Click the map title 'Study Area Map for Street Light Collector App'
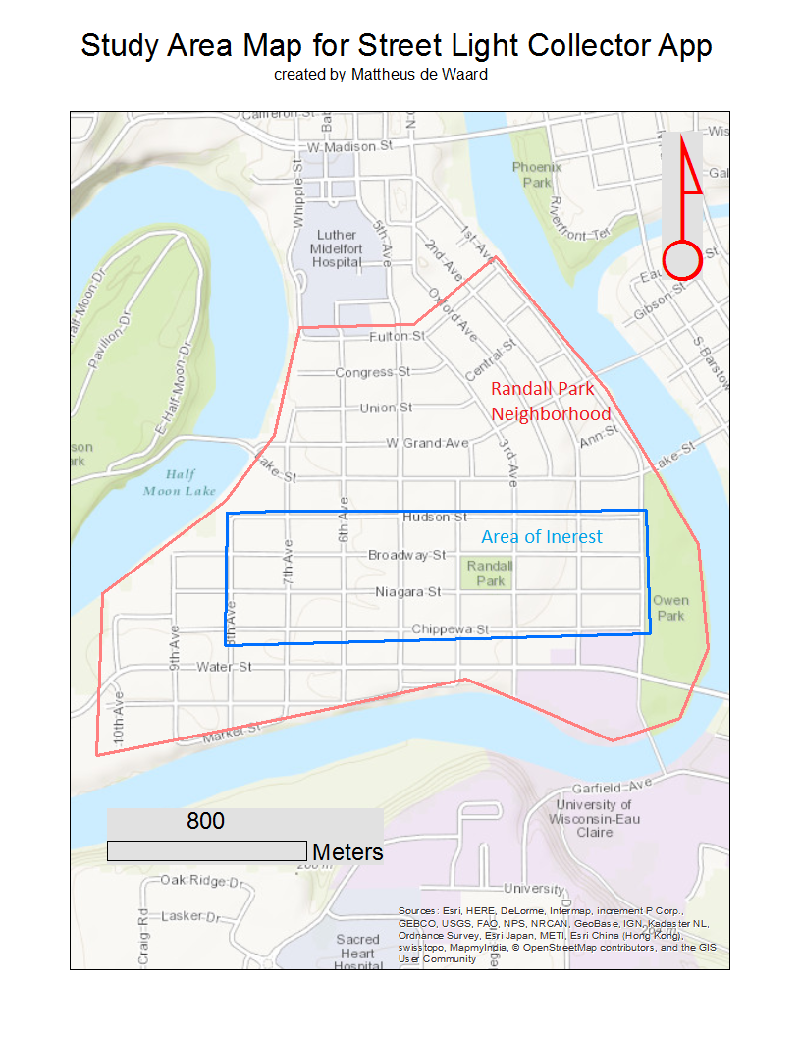point(396,45)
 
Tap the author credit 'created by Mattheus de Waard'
point(380,74)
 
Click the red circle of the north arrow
point(681,261)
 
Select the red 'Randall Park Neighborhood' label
point(551,401)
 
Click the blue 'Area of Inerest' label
point(541,537)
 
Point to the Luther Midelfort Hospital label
point(337,249)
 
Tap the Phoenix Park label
point(537,175)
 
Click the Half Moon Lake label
point(181,482)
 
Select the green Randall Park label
point(490,573)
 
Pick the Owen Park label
point(670,607)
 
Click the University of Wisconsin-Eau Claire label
point(580,818)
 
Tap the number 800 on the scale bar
point(205,821)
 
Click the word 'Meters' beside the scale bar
point(347,852)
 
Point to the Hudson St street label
point(435,517)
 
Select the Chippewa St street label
point(450,628)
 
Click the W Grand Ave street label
point(427,443)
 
